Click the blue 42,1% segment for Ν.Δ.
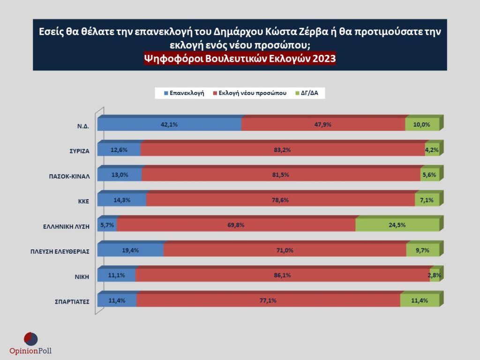(x=169, y=125)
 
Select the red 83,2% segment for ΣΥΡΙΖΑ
(x=283, y=150)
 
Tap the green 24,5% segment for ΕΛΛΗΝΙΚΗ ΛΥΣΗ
(x=397, y=225)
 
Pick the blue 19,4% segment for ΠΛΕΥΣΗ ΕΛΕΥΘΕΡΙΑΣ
(x=131, y=250)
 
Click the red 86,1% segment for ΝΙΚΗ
(x=283, y=275)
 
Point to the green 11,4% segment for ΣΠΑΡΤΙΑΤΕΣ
(x=420, y=300)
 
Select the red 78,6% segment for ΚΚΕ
(x=280, y=200)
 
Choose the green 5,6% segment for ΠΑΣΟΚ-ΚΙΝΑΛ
(x=430, y=175)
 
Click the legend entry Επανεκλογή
(x=184, y=93)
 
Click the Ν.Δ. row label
(x=83, y=126)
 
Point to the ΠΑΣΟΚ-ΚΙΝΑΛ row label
(x=70, y=176)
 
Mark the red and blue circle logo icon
(x=30, y=338)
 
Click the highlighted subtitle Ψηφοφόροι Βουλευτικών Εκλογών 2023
(x=240, y=58)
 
